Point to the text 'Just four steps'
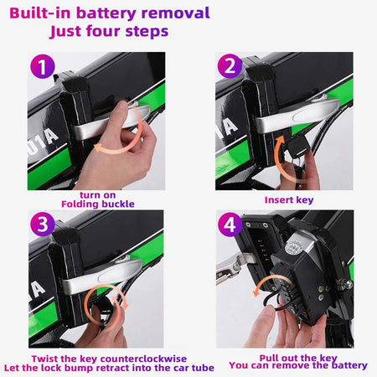pyautogui.click(x=109, y=32)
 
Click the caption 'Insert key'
pyautogui.click(x=290, y=199)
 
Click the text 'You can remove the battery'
pyautogui.click(x=297, y=366)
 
